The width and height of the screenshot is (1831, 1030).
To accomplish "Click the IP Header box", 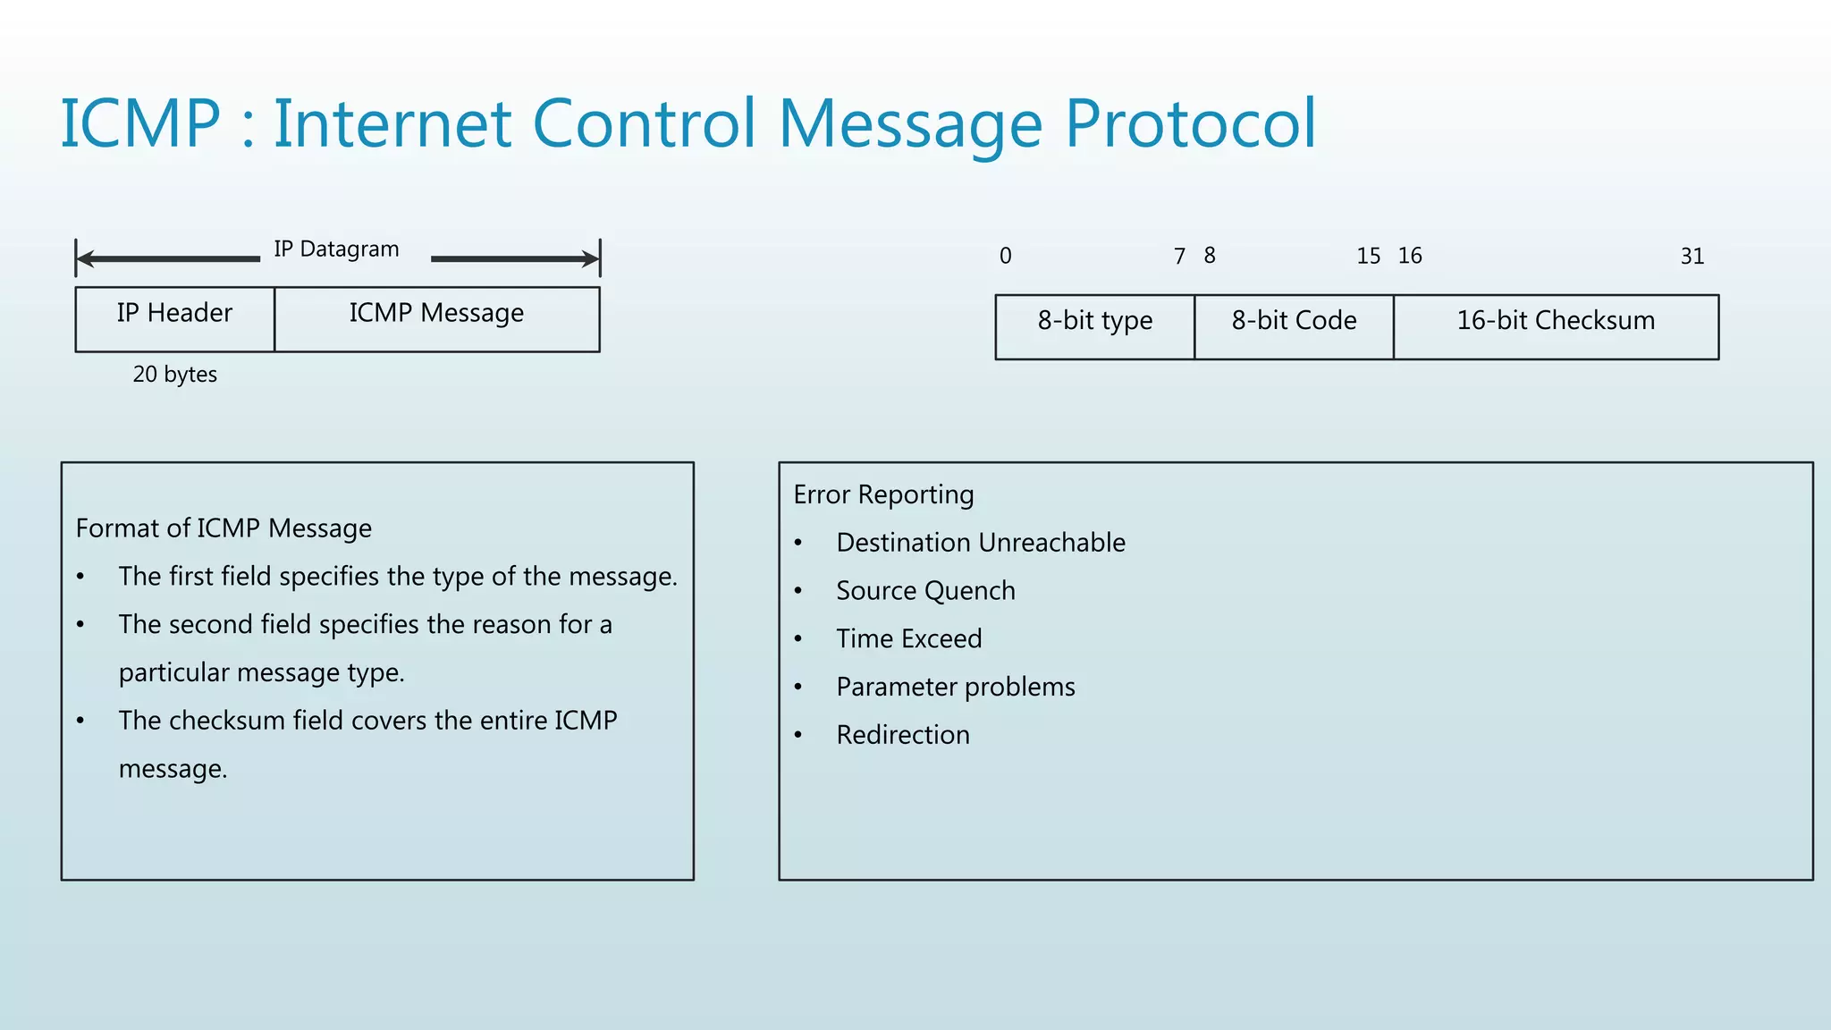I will pyautogui.click(x=174, y=318).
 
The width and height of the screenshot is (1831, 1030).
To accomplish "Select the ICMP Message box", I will pyautogui.click(x=436, y=318).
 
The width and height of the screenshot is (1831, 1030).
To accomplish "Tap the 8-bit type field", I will pyautogui.click(x=1094, y=326).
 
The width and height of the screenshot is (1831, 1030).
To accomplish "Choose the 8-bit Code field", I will pyautogui.click(x=1294, y=326).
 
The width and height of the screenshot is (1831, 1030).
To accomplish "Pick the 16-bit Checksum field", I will pyautogui.click(x=1556, y=326).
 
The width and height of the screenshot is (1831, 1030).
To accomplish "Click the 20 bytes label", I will pyautogui.click(x=175, y=374).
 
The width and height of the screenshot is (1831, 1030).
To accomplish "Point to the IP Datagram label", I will pyautogui.click(x=336, y=249).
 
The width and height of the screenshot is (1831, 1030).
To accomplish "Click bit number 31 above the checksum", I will pyautogui.click(x=1692, y=257).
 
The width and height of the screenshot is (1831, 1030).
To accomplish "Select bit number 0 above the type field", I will pyautogui.click(x=1006, y=257).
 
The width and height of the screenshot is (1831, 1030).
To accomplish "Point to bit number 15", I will pyautogui.click(x=1368, y=257).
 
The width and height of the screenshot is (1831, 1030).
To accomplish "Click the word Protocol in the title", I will pyautogui.click(x=1190, y=123).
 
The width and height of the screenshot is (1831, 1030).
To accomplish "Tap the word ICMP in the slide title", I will pyautogui.click(x=140, y=123).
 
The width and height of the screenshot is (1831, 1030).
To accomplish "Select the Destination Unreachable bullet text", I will pyautogui.click(x=981, y=543).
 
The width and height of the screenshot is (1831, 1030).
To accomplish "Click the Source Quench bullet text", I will pyautogui.click(x=925, y=591).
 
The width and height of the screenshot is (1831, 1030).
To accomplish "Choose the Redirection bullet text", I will pyautogui.click(x=903, y=735).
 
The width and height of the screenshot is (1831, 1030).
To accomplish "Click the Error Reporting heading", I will pyautogui.click(x=883, y=494).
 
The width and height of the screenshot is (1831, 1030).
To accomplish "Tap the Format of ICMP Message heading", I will pyautogui.click(x=224, y=528).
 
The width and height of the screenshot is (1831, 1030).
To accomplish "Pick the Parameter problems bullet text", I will pyautogui.click(x=956, y=687).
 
